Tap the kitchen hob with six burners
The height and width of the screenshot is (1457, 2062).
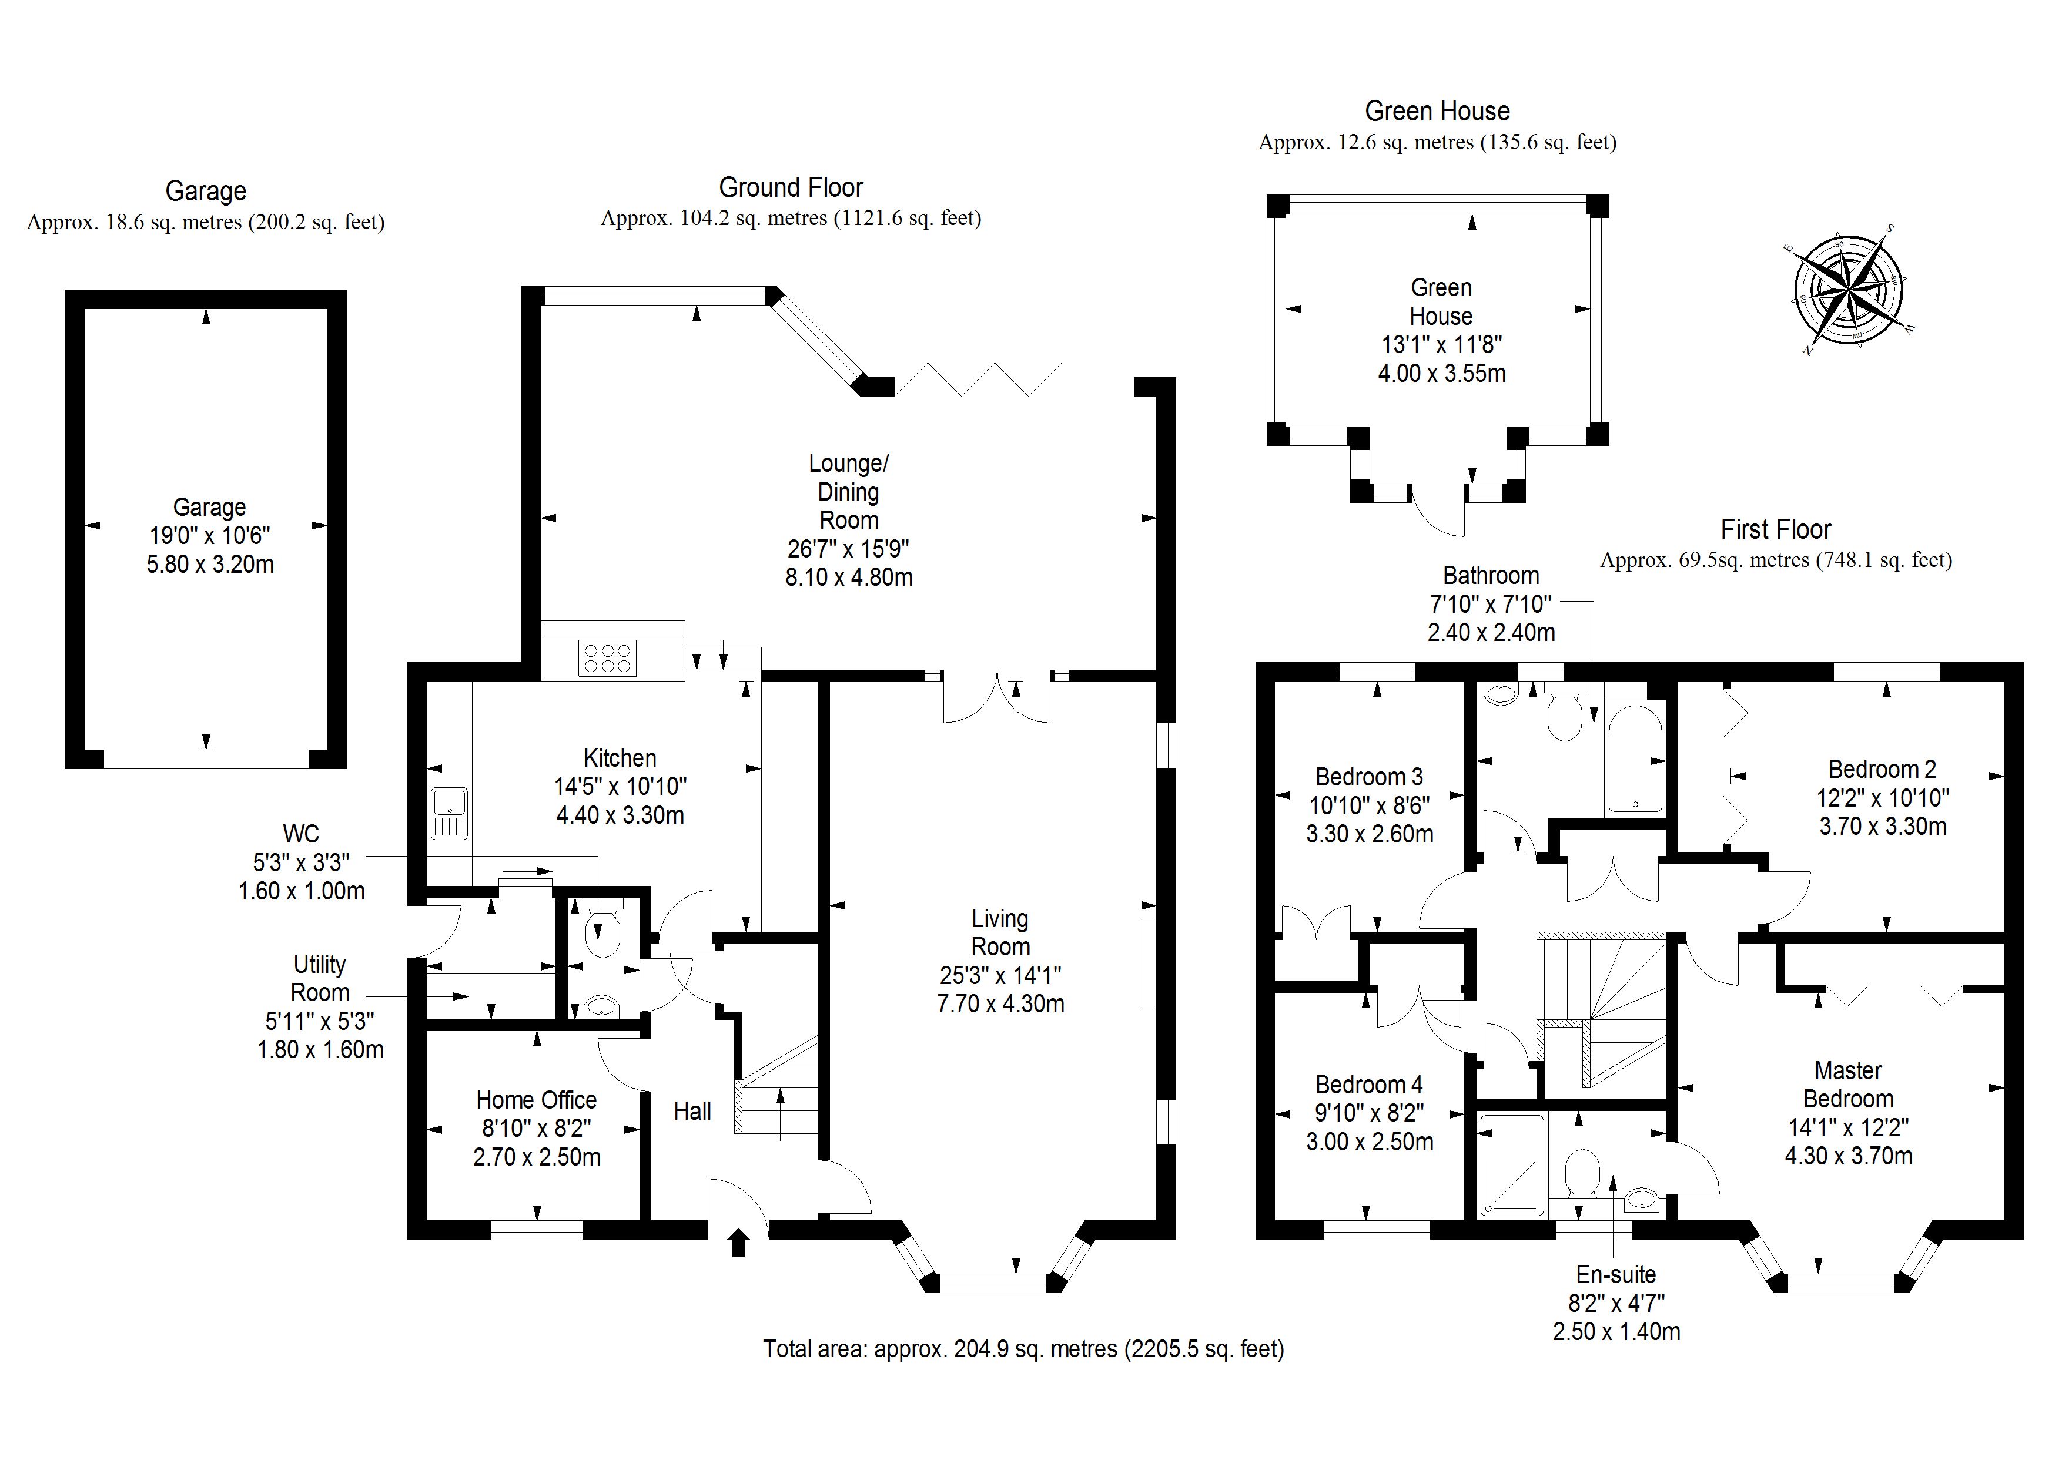pyautogui.click(x=608, y=658)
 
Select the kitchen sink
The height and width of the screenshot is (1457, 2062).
pyautogui.click(x=449, y=813)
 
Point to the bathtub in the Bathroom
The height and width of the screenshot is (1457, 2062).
pyautogui.click(x=1635, y=760)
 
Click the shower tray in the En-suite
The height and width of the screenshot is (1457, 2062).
pyautogui.click(x=1511, y=1165)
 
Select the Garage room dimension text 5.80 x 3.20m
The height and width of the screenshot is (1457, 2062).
pyautogui.click(x=210, y=565)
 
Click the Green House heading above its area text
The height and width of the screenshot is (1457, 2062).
pyautogui.click(x=1437, y=111)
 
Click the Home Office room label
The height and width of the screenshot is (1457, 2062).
pyautogui.click(x=536, y=1100)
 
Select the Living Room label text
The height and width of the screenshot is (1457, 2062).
pyautogui.click(x=1000, y=933)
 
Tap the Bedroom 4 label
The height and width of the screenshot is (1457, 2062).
pyautogui.click(x=1368, y=1085)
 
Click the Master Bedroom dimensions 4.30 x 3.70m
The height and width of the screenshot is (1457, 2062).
pyautogui.click(x=1848, y=1156)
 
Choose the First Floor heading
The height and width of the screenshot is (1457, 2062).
pyautogui.click(x=1776, y=530)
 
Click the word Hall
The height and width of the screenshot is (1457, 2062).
pyautogui.click(x=692, y=1112)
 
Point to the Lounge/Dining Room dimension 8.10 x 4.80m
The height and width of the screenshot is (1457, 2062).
pyautogui.click(x=849, y=578)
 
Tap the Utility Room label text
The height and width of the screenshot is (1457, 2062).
pyautogui.click(x=320, y=979)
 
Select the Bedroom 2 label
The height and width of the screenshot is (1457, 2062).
pyautogui.click(x=1882, y=770)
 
